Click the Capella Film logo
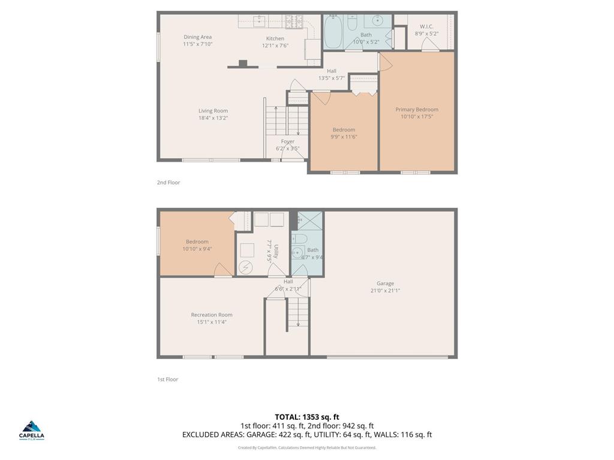tap(32, 429)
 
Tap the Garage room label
tap(385, 283)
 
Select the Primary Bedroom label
tap(417, 110)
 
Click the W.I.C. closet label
tap(426, 26)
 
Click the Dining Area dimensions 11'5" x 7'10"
tap(198, 44)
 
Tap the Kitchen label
tap(275, 38)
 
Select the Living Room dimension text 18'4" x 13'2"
tap(213, 118)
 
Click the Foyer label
tap(288, 141)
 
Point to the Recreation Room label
tap(212, 314)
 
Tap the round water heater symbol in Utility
tap(246, 267)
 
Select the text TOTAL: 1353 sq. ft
tap(307, 417)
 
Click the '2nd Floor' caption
tap(168, 183)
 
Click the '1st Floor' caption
tap(168, 379)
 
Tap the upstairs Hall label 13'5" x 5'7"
tap(332, 74)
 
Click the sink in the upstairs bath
tap(378, 21)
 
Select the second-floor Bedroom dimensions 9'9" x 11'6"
tap(344, 137)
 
